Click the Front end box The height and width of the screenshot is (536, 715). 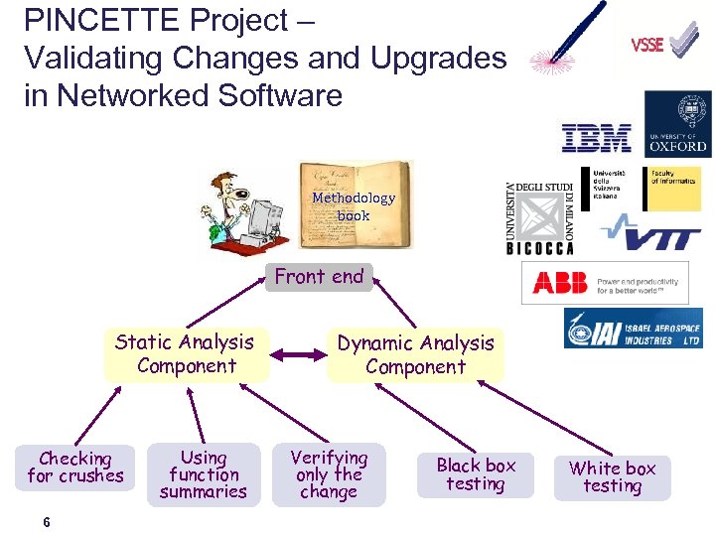[x=319, y=277]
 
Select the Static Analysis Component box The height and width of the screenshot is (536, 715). [x=186, y=354]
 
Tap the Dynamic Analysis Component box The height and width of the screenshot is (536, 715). [x=415, y=354]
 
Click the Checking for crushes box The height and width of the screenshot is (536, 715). [x=75, y=468]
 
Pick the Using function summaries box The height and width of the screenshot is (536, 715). [x=204, y=474]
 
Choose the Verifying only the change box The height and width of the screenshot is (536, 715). [x=329, y=474]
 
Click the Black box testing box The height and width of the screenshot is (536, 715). [x=476, y=474]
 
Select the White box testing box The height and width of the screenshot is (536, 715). [x=612, y=476]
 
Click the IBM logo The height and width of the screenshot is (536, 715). [x=596, y=138]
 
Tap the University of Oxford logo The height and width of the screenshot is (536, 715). [x=677, y=124]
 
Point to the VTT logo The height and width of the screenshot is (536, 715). [x=651, y=237]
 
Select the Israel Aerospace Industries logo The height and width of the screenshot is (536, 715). [x=633, y=329]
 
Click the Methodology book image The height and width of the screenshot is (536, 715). [x=355, y=205]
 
